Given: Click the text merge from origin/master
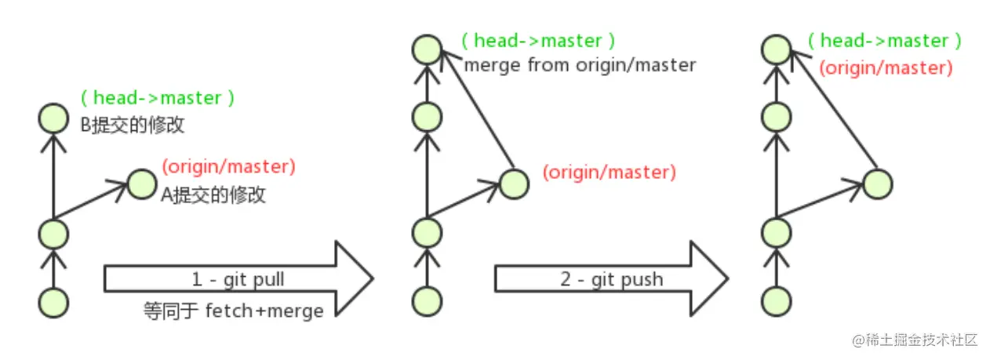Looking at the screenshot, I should coord(580,65).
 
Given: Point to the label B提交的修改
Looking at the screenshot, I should coord(133,125).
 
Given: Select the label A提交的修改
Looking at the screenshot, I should coord(213,194).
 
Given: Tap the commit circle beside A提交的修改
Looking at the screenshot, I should coord(142,184).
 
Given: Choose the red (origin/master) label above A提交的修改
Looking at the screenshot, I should coord(228,166).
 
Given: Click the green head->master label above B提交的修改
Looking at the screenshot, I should coord(157,98).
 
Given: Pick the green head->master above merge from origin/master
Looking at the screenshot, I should coord(538,41).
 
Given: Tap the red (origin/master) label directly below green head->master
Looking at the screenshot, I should coord(886,68).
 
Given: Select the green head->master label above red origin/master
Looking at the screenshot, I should coord(884,41).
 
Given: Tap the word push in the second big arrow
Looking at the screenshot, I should coord(642,279).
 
